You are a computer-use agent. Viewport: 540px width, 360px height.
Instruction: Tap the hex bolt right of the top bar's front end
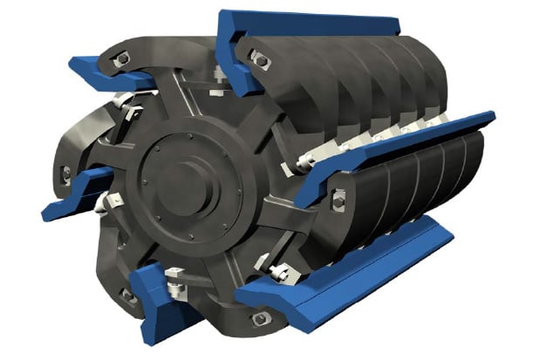pos(259,60)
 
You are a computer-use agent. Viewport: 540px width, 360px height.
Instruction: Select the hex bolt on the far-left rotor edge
pos(66,173)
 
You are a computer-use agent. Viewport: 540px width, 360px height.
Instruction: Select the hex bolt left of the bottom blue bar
pos(127,295)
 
